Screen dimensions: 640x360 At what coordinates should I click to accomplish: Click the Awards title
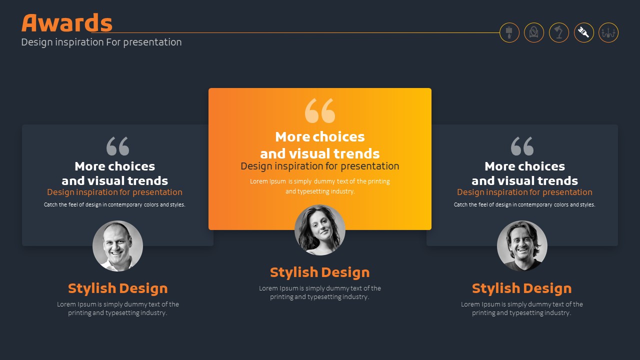[67, 23]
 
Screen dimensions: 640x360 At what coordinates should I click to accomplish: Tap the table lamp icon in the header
[509, 32]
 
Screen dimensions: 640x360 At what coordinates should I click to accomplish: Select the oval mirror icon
[533, 32]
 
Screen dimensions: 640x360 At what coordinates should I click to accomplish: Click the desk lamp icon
[559, 32]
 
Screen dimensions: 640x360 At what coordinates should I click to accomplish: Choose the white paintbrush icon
[583, 32]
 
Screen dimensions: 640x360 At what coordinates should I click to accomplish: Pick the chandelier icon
[608, 32]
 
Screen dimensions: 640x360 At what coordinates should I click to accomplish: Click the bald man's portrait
[117, 246]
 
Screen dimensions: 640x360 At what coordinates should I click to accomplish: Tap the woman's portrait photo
[319, 230]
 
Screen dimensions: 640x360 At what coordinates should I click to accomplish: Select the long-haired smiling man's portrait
[522, 246]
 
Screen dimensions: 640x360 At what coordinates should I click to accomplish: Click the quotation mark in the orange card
[319, 111]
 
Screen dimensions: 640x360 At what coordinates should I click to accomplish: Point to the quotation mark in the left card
[117, 146]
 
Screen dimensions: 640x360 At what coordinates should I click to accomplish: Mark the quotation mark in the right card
[522, 146]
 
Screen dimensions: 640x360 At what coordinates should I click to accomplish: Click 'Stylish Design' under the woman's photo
[319, 272]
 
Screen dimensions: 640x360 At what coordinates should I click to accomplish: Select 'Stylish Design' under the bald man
[117, 288]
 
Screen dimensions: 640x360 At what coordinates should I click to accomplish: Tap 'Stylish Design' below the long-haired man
[521, 288]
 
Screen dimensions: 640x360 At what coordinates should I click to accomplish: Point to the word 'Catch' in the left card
[50, 204]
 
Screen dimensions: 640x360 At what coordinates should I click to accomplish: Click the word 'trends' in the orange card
[356, 153]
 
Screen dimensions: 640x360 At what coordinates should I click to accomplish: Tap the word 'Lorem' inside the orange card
[259, 181]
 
